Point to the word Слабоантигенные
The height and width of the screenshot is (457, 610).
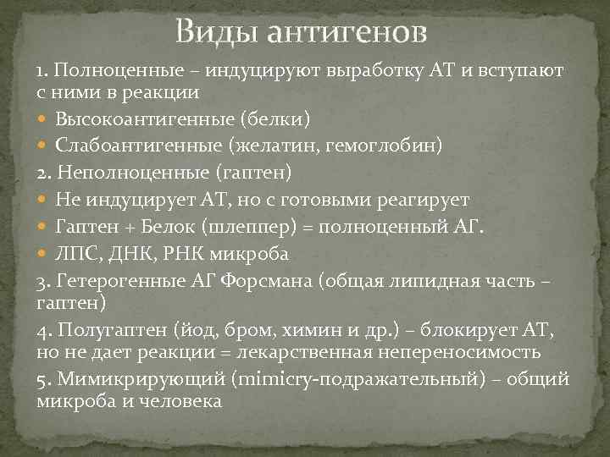pyautogui.click(x=134, y=145)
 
